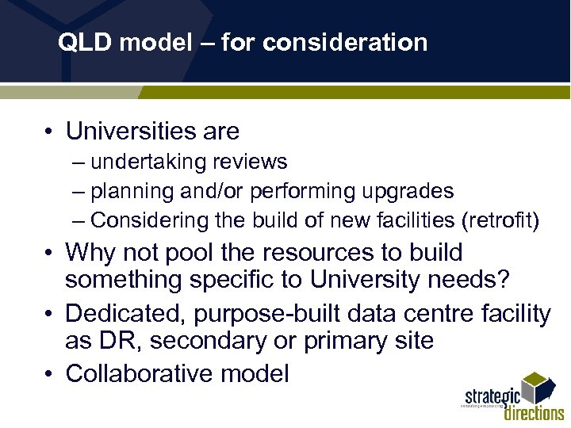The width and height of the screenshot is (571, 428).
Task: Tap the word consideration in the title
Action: pyautogui.click(x=345, y=42)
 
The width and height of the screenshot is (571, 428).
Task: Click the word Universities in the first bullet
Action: pyautogui.click(x=132, y=130)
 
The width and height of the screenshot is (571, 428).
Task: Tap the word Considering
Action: pyautogui.click(x=143, y=220)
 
